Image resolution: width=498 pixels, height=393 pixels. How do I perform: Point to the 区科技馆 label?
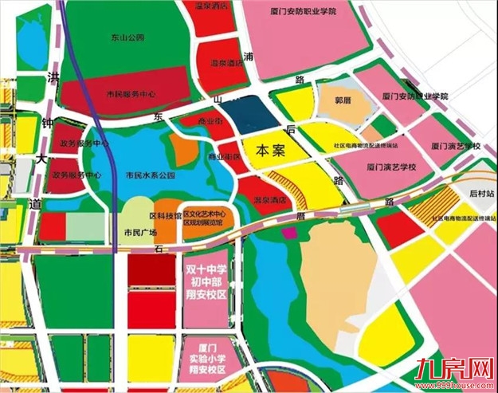point(162,216)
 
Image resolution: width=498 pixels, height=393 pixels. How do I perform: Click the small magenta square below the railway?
point(290,232)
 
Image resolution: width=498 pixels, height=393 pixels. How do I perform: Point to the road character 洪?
point(54,77)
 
